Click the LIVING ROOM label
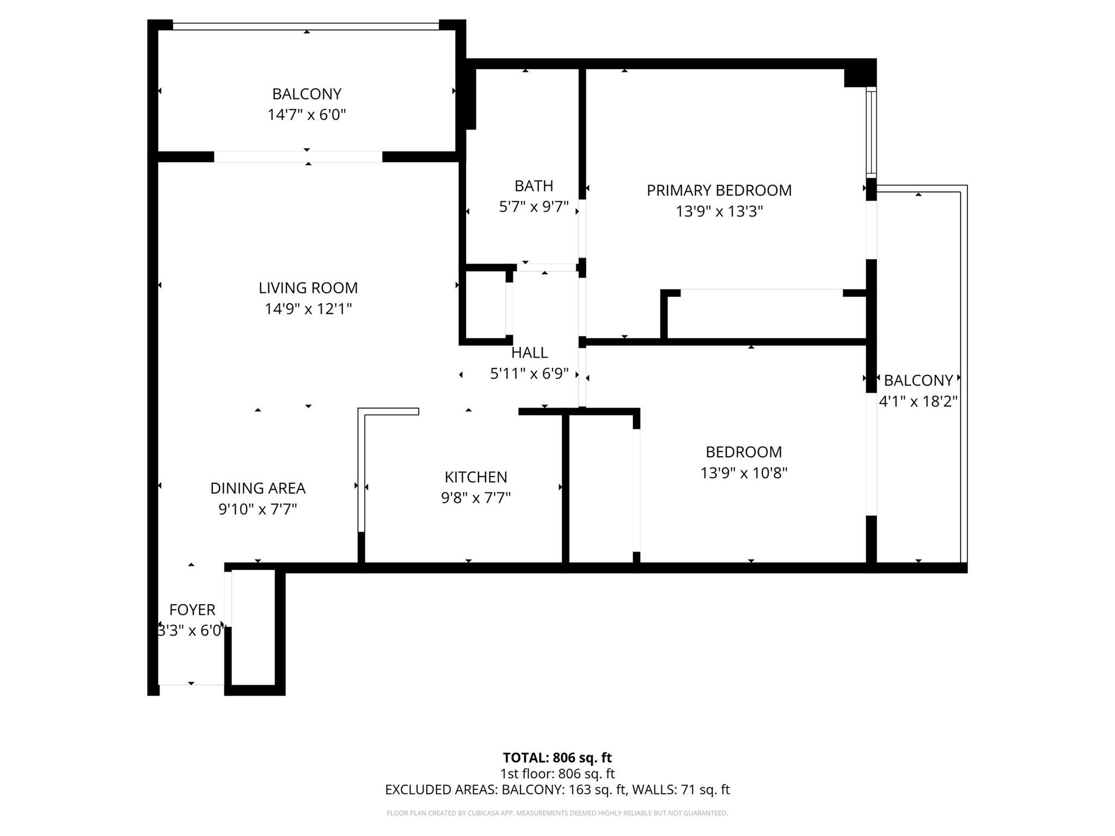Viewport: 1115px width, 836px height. [x=308, y=287]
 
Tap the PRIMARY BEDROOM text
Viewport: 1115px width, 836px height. [x=719, y=190]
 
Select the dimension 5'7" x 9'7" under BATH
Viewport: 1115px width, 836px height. [x=534, y=207]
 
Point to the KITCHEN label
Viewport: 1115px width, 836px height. [x=476, y=477]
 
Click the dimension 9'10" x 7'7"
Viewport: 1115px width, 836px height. [x=258, y=509]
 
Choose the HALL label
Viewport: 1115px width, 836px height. [x=529, y=353]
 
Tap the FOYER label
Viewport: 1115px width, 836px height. [x=192, y=609]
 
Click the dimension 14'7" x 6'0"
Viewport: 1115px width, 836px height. [x=307, y=115]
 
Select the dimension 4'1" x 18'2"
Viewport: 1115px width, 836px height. [x=918, y=402]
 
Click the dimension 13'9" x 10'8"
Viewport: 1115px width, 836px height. [x=744, y=473]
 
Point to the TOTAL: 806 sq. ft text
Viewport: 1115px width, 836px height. [x=557, y=758]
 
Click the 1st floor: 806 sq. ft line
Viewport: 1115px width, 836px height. [x=557, y=773]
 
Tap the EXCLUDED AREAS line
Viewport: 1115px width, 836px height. [x=557, y=789]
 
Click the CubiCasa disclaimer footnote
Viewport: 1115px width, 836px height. [x=557, y=813]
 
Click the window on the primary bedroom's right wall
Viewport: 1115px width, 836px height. [x=871, y=132]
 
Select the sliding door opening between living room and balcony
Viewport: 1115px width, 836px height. [x=298, y=157]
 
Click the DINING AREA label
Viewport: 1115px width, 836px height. [x=258, y=488]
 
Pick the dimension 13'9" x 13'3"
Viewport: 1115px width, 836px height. [x=719, y=211]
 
